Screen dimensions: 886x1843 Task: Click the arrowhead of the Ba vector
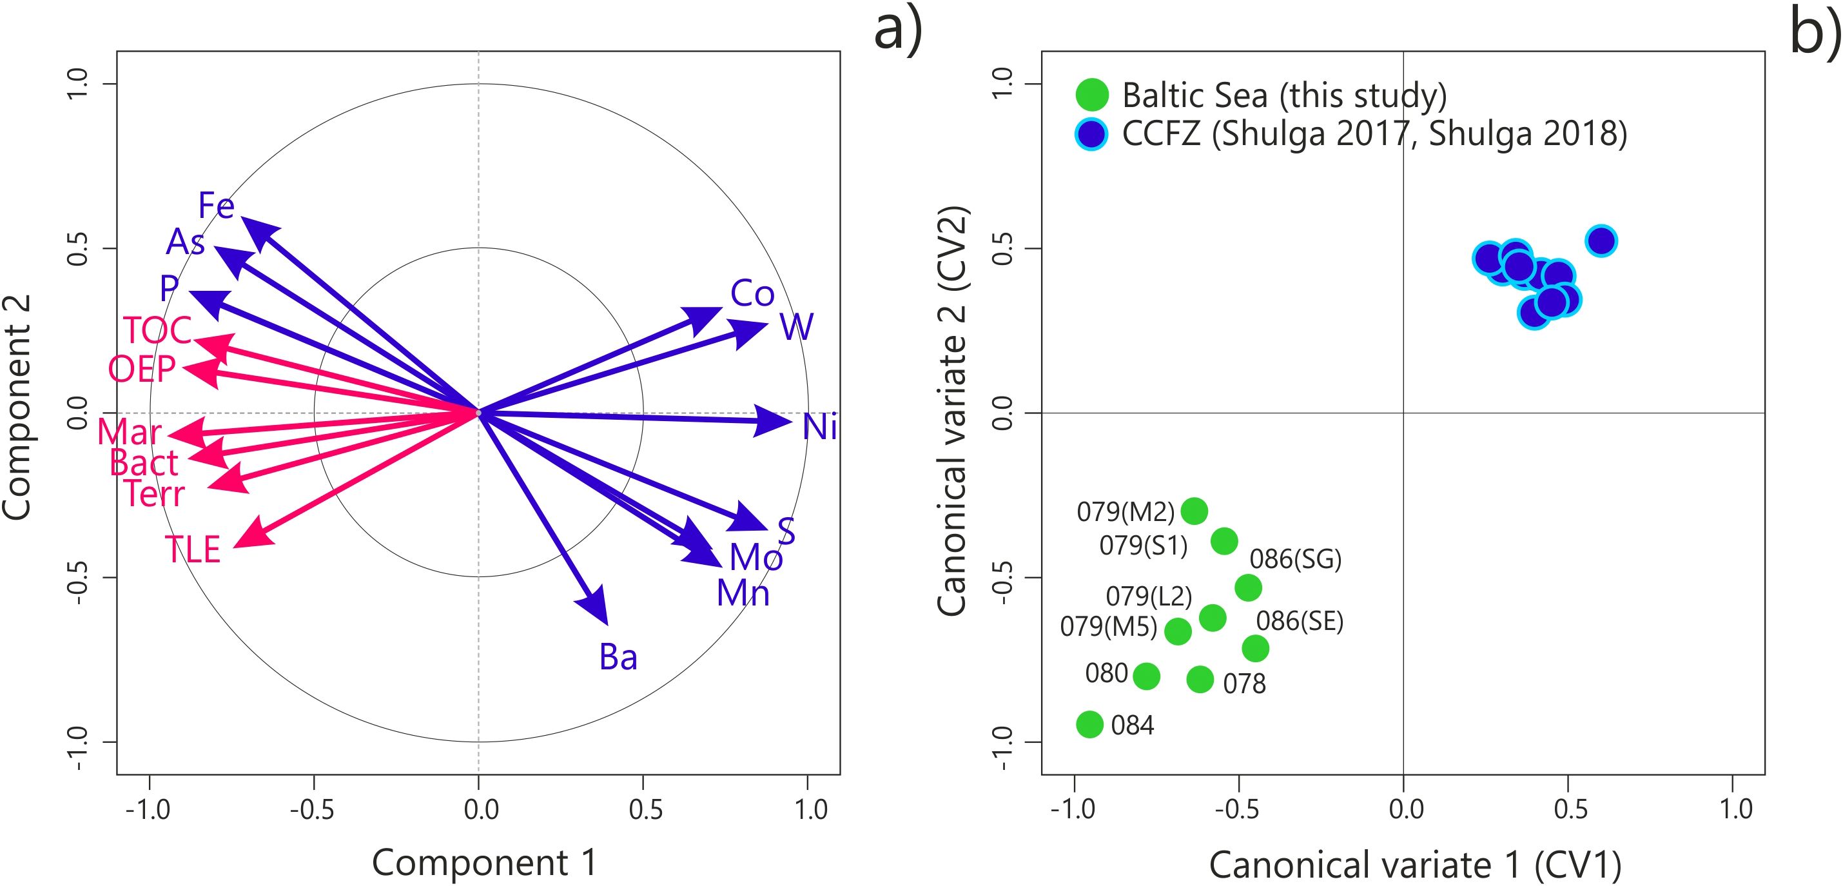597,607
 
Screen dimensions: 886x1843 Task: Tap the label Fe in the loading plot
216,206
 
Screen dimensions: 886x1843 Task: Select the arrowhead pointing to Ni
774,422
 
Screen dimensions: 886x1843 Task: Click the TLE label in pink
193,549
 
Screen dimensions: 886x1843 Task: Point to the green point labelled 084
1089,724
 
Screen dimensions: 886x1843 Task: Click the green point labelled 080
1146,676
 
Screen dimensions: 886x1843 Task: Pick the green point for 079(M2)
1194,511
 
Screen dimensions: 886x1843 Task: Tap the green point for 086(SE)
1255,649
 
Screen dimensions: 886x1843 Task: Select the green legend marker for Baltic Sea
1092,95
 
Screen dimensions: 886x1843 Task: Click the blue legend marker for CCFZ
1092,134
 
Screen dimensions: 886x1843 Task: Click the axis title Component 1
483,862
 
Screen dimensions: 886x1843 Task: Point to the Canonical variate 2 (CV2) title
952,411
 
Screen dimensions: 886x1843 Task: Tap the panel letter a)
899,30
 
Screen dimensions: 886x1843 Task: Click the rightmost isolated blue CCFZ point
1601,241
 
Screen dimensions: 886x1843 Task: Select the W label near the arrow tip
796,327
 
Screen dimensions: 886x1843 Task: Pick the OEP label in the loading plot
142,369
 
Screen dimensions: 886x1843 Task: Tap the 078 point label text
1244,684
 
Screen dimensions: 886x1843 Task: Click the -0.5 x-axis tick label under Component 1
312,809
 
